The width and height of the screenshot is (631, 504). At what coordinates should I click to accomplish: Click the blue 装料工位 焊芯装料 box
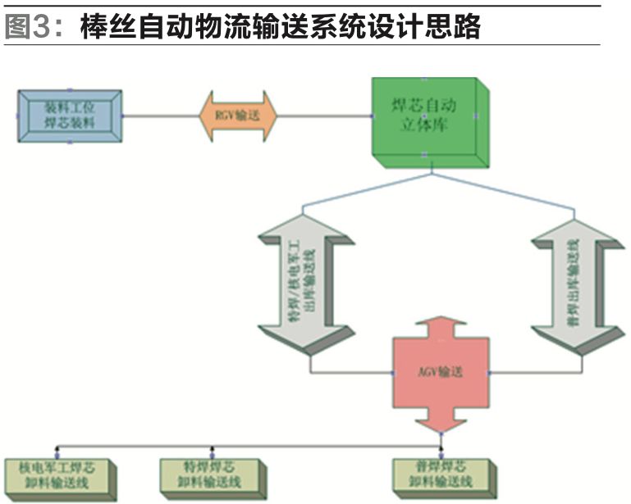click(x=70, y=116)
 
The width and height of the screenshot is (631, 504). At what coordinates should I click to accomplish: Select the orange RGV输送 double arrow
click(x=237, y=116)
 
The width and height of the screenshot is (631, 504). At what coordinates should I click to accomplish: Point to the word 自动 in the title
click(x=189, y=28)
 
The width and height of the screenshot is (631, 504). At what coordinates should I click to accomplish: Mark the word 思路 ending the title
click(x=455, y=28)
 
